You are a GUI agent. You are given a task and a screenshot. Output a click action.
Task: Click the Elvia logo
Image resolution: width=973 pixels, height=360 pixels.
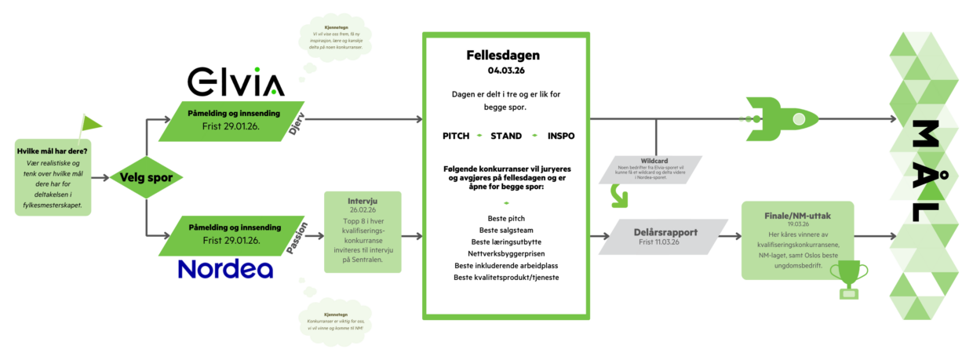(x=235, y=82)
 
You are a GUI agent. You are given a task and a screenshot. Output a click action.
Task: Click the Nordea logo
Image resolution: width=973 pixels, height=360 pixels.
(x=225, y=269)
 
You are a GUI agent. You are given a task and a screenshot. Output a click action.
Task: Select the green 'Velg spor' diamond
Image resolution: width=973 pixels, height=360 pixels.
(x=146, y=177)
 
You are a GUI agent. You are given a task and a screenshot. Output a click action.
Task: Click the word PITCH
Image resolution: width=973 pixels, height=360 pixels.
(x=456, y=136)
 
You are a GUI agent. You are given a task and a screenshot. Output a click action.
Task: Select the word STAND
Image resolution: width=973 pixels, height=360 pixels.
(x=505, y=136)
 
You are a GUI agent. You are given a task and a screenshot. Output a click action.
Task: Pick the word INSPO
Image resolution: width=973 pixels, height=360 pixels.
(x=561, y=136)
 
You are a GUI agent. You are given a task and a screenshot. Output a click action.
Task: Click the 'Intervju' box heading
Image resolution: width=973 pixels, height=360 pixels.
(x=362, y=200)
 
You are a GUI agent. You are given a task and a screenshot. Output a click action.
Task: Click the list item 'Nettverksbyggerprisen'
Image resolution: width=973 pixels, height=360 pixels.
(x=505, y=254)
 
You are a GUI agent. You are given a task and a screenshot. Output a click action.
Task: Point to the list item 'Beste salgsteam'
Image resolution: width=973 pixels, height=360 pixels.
(x=505, y=230)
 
